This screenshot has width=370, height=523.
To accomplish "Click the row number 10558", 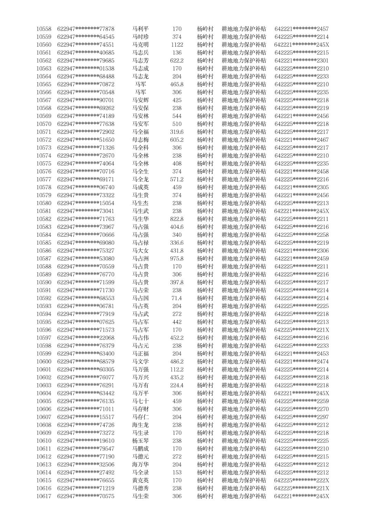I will coord(44,29).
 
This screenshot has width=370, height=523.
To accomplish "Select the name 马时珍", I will coord(141,37).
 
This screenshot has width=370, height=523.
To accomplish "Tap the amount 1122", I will coord(177,45).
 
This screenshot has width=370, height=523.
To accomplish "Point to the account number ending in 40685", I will coord(86,53).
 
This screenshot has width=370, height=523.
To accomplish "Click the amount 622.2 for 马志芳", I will coord(177,61).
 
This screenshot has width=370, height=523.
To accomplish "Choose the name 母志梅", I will coord(141,140).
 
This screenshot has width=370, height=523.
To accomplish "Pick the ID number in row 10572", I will coord(301,140).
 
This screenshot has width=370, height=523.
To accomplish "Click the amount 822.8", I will coord(177,219).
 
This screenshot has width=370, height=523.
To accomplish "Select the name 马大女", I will coord(141,250).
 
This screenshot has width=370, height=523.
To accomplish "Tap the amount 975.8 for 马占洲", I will coord(177,258).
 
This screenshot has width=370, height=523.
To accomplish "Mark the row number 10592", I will coord(44,298).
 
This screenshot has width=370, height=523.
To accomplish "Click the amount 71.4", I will coord(177,298).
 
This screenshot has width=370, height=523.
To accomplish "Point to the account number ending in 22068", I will coord(86,338).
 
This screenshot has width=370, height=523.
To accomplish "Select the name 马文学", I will coord(141,361).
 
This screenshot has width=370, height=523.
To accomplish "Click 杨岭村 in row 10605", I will coord(205,401).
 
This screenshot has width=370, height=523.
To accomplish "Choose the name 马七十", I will coord(141,401).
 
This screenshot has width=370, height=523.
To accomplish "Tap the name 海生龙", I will coord(141,425).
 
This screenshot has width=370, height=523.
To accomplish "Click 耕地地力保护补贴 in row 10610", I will coord(244,440).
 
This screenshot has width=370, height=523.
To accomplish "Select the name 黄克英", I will coord(141,480).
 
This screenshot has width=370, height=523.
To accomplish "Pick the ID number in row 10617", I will coord(301,496).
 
